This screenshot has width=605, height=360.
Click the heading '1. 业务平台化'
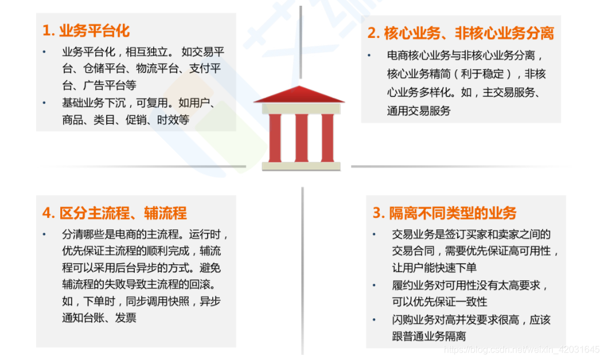[x=86, y=31]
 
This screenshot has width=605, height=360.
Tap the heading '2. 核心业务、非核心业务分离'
[x=460, y=33]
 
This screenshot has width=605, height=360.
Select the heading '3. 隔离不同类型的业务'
[x=444, y=213]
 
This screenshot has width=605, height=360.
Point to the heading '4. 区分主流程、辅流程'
[x=114, y=213]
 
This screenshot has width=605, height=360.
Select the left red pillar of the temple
[x=275, y=138]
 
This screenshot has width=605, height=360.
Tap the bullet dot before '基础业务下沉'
[x=45, y=103]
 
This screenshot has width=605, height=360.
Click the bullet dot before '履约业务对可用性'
[x=374, y=285]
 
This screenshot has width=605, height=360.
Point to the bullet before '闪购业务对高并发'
[x=374, y=319]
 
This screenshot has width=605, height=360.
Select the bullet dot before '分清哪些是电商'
[x=45, y=234]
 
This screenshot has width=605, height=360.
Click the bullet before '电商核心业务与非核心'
[x=370, y=56]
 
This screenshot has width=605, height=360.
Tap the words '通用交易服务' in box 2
[x=419, y=111]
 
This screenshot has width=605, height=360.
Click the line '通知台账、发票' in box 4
[x=99, y=318]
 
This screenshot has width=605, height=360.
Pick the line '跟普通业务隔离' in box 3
[x=428, y=336]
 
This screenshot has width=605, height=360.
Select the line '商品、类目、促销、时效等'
[x=126, y=120]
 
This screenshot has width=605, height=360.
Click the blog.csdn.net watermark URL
[x=522, y=349]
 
